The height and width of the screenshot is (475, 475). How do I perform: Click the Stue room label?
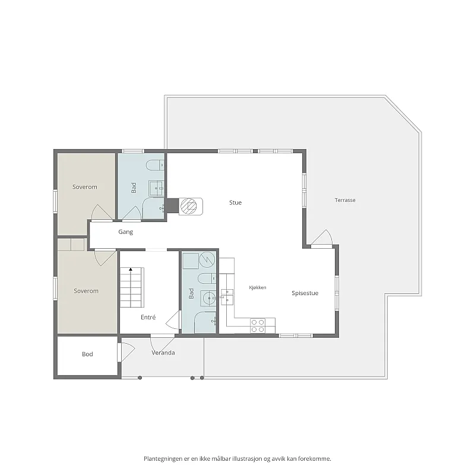[x=235, y=202]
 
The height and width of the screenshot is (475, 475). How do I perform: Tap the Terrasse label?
[x=345, y=200]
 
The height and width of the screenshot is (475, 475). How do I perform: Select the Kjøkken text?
[x=258, y=287]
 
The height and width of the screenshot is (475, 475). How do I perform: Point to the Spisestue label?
[x=305, y=293]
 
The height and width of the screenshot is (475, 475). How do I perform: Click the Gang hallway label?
[x=125, y=232]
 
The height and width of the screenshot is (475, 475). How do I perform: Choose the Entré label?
[x=148, y=317]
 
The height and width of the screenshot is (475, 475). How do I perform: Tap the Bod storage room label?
[x=87, y=354]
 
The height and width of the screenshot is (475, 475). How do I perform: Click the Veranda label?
[x=163, y=353]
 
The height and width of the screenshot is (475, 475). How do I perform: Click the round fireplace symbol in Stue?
[x=188, y=206]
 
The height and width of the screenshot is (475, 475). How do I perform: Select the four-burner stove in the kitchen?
[x=258, y=326]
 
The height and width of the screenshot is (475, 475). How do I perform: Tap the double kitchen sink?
[x=227, y=296]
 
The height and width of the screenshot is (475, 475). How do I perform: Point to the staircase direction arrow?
[x=131, y=269]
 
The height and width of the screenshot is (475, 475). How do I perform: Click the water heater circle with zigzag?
[x=207, y=259]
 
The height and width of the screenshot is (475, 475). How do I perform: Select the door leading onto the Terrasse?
[x=322, y=238]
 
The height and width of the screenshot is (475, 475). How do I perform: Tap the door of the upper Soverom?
[x=102, y=213]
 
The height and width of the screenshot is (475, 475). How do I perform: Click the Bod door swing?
[x=126, y=352]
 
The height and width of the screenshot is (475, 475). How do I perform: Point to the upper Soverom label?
[x=85, y=187]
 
